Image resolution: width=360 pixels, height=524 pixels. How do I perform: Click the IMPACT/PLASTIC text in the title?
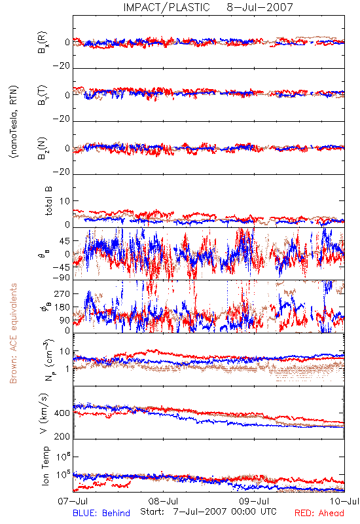coord(166,7)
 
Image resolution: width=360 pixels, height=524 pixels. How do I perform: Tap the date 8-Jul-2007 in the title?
coord(259,7)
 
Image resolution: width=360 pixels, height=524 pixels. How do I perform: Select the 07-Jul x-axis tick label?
coord(73,501)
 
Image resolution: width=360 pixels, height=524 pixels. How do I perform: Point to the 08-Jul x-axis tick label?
coord(163,501)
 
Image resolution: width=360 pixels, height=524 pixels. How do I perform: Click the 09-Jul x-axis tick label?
coord(254,501)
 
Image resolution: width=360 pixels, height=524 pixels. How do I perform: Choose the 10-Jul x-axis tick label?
coord(344,501)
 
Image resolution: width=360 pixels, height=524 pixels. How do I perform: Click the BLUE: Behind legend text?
coord(101,513)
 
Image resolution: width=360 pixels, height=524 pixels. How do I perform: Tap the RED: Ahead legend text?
coord(319,513)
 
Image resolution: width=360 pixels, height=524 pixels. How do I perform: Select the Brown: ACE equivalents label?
coord(13,333)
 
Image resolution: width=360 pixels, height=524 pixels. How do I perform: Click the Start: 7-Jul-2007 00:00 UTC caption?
coord(208,512)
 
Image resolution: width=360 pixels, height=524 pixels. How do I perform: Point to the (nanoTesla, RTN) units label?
coord(14,122)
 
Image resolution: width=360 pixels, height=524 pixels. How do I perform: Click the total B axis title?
coord(48,201)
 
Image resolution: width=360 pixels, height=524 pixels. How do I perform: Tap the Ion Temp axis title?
coord(45,465)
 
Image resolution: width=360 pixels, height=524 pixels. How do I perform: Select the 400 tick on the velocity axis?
coord(62,413)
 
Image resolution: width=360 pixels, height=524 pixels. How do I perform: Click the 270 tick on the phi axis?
coord(62,293)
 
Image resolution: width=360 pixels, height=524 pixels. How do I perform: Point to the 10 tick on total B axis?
coord(65,201)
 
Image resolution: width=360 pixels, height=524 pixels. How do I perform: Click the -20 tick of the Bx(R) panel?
coord(61,66)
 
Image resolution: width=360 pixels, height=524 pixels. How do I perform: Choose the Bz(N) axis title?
coord(43,148)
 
